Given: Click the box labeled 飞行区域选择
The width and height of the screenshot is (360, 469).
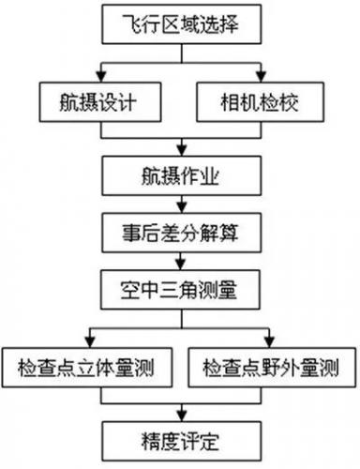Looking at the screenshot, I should pyautogui.click(x=180, y=25).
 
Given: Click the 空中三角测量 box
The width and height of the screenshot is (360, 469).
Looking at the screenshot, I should pyautogui.click(x=180, y=289).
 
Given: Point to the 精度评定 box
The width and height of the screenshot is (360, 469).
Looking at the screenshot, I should pyautogui.click(x=180, y=436).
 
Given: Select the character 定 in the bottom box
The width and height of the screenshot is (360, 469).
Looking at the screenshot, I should pyautogui.click(x=219, y=436).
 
